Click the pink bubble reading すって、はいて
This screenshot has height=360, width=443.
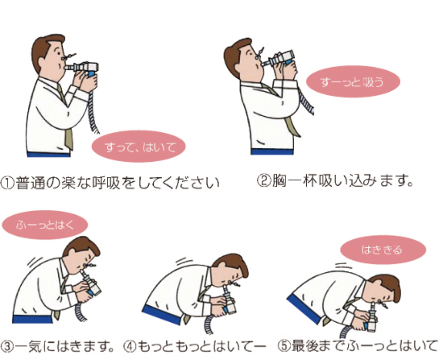pos(139,146)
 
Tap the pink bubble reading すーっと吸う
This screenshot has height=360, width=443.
pos(353,81)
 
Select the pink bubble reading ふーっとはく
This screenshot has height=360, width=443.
pos(44,225)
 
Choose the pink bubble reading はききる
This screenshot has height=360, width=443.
pos(383,249)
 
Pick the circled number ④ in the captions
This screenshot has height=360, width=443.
pos(130,347)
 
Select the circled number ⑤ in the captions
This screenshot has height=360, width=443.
pos(284,345)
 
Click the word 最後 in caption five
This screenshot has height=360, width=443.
pos(306,345)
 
